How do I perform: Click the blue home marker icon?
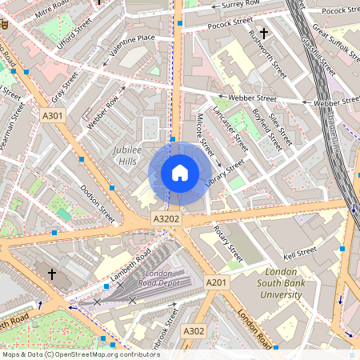pos(180,173)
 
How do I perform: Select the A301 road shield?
pos(53,117)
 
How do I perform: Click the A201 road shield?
pos(216,282)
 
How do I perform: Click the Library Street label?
pos(223,176)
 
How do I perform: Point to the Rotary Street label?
pos(228,243)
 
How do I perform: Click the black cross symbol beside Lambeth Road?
pos(52,274)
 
